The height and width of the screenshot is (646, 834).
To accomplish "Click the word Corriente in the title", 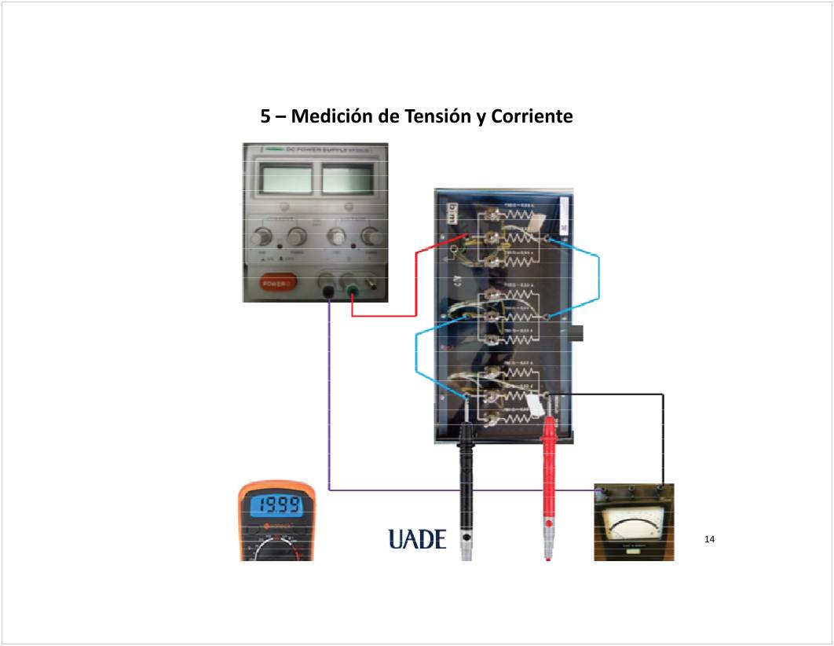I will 531,117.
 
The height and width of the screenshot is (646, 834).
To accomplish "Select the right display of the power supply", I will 347,180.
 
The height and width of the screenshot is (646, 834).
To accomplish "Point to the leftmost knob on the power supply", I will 262,237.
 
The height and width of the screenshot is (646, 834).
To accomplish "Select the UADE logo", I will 417,539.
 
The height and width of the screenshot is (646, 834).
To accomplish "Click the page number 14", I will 710,539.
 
